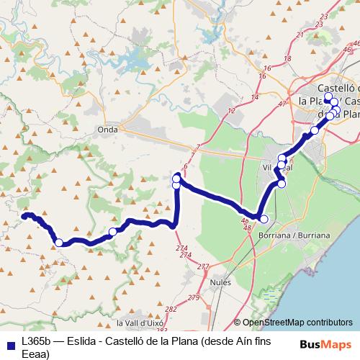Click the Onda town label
pos(107,130)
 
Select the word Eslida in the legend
pos(78,338)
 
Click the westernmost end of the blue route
pos(24,216)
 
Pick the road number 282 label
pos(170,310)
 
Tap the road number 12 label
pos(231,111)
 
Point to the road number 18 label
pos(287,58)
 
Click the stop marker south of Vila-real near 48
pos(264,219)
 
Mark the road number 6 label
pos(186,166)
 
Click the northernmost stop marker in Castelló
pos(328,97)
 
